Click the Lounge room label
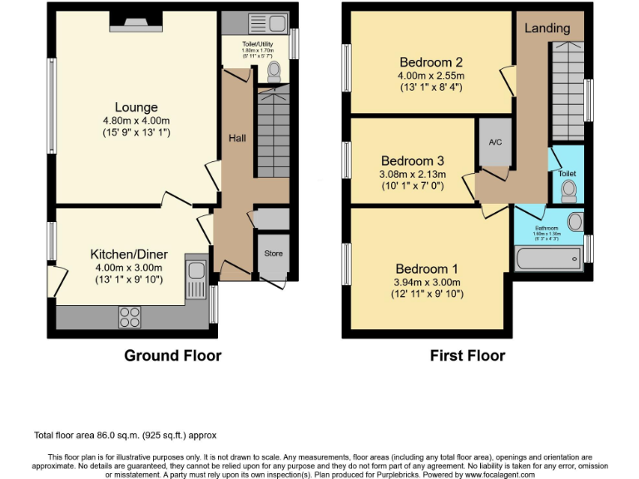136,107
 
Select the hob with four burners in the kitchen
131,316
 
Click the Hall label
237,139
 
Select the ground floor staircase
271,133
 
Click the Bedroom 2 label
431,62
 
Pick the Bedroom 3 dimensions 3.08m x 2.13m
414,175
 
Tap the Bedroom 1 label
426,269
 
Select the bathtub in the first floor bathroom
548,259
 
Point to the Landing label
547,28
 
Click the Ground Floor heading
172,356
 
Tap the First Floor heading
467,356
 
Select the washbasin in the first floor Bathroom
574,223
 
